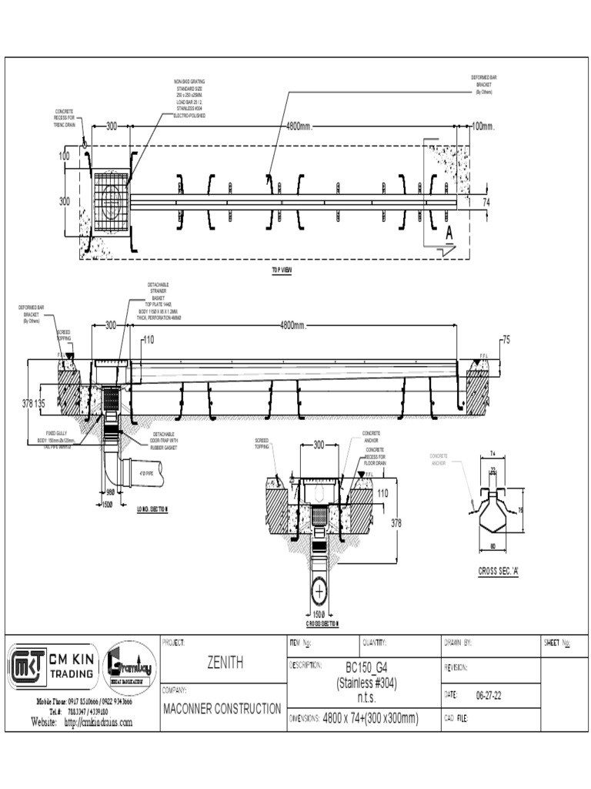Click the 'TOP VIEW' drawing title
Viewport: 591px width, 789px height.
(x=282, y=270)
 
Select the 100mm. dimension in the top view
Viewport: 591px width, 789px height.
(x=483, y=126)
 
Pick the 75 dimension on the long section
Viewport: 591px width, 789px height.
(x=506, y=338)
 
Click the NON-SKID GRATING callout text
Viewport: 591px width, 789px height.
(x=189, y=98)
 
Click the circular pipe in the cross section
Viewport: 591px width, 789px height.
(x=319, y=591)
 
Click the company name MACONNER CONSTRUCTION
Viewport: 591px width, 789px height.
(x=222, y=709)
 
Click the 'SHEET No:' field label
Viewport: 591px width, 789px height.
(x=558, y=643)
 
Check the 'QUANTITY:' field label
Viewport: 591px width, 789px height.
(x=374, y=643)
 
